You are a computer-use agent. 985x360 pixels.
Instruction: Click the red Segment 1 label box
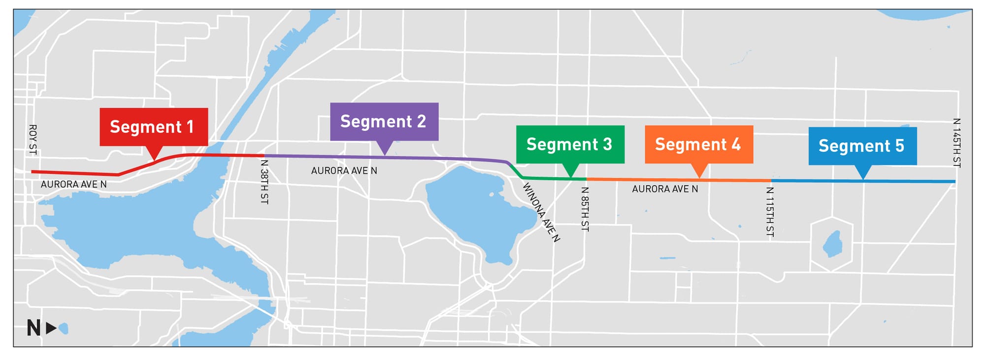coord(154,127)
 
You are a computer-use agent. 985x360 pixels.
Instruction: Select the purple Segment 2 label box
coord(384,122)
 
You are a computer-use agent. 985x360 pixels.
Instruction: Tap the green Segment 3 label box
coord(570,144)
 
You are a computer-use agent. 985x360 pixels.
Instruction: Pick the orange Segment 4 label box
coord(698,144)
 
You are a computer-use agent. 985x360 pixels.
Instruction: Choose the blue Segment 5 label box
coord(862,146)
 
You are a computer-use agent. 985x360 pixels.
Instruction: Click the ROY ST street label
coord(33,139)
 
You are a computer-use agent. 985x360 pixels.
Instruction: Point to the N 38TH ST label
coord(264,181)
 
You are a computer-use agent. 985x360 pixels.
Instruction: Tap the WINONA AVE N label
coord(541,212)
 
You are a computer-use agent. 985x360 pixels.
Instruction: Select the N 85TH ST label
coord(585,209)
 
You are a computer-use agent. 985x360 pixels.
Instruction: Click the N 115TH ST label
coord(770,212)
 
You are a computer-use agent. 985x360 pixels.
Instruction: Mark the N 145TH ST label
coord(956,143)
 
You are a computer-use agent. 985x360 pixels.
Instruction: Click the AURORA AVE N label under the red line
coord(73,185)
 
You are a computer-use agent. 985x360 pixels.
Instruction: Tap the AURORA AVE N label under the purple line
coord(344,171)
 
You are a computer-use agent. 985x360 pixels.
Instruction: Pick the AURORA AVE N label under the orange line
coord(665,189)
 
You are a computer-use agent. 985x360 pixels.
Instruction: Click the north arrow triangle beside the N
coord(51,328)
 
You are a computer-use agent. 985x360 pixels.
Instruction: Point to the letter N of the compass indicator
coord(33,328)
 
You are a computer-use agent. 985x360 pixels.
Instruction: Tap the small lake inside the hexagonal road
coord(832,244)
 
